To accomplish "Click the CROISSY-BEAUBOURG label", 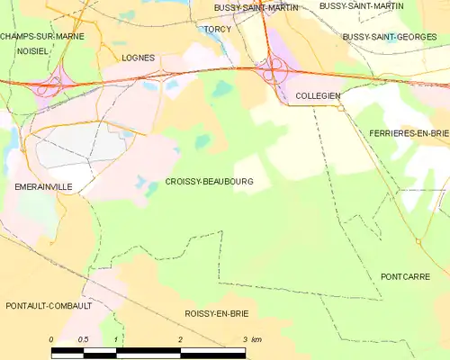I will coord(209,182).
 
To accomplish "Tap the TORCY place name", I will coord(217,29).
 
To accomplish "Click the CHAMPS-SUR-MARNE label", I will coord(37,36).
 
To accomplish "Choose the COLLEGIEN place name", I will coord(317,94).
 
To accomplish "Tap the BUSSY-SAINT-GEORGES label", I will coord(384,37).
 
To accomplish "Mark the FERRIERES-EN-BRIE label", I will coord(409,132).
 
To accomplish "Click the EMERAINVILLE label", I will coord(42,186).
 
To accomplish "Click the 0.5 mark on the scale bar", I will coord(84,339).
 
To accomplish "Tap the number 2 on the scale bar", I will coord(181,339).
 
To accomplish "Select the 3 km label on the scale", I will coord(251,339).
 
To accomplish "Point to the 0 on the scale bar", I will coord(51,339).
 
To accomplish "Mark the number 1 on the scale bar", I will coord(116,339).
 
